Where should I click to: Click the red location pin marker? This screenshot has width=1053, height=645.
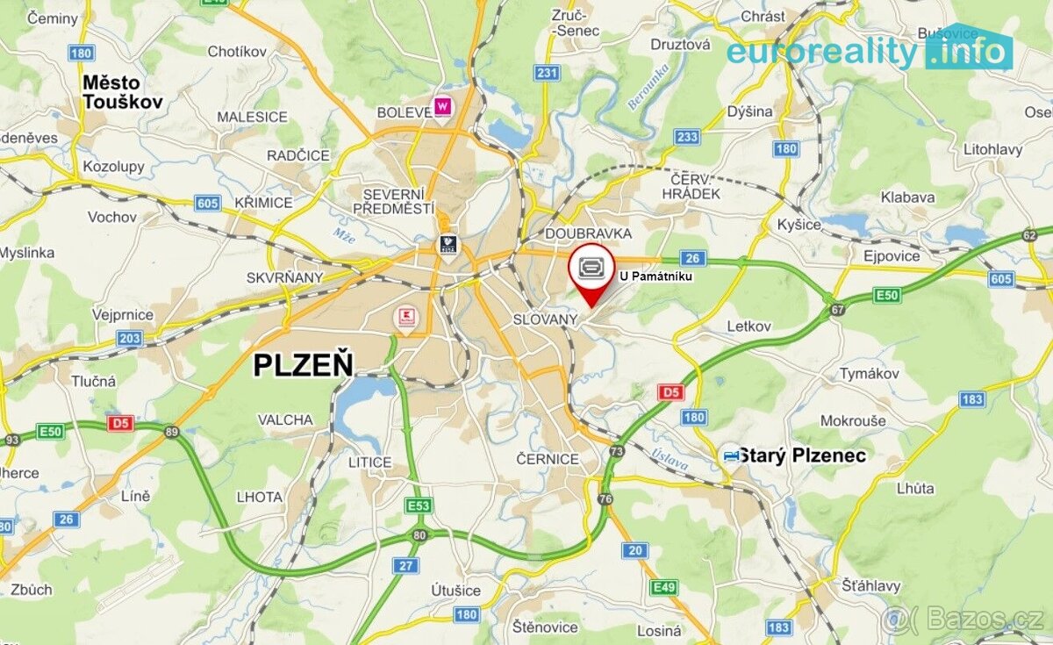(592, 272)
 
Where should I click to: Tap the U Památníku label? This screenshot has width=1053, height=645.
(656, 276)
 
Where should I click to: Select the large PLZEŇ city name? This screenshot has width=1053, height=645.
(303, 363)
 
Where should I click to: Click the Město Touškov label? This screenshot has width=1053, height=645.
(122, 91)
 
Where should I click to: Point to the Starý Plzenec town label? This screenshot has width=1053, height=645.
(802, 455)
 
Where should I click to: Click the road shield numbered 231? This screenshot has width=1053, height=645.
(547, 73)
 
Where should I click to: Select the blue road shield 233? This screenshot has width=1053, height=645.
(687, 137)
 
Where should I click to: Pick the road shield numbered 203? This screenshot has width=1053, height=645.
(130, 338)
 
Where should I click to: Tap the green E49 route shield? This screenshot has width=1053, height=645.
(663, 586)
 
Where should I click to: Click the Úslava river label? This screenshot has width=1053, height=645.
(670, 459)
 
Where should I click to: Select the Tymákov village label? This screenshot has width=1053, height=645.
(869, 374)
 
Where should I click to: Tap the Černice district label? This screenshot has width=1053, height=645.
(548, 459)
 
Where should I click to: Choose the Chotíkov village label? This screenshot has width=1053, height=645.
(237, 52)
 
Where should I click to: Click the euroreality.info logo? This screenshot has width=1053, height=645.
(869, 52)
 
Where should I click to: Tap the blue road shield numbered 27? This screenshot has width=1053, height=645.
(405, 566)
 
